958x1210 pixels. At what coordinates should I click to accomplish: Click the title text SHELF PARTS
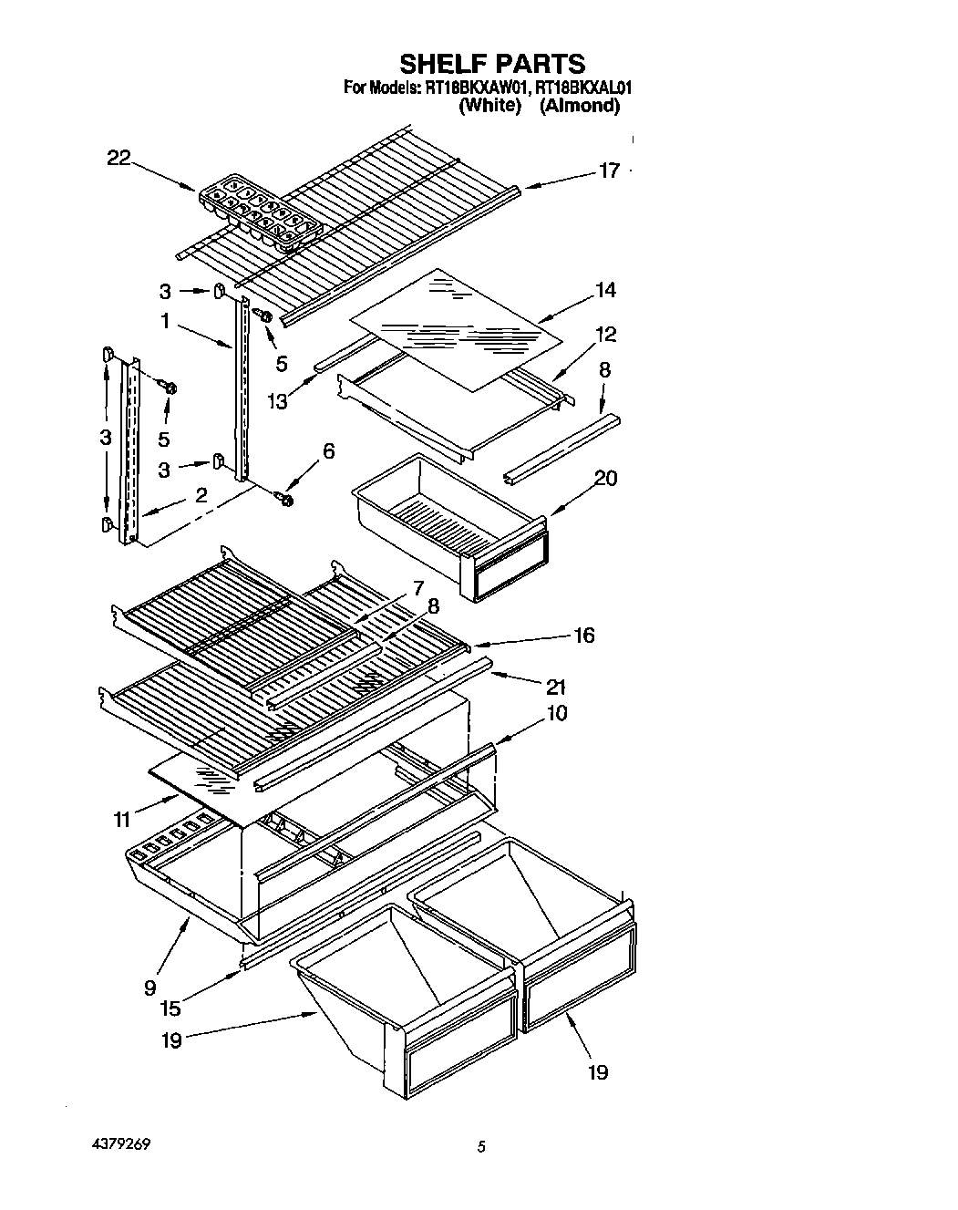492,63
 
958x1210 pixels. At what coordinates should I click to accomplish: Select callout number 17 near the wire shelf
609,171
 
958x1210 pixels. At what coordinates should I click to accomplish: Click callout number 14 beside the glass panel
605,290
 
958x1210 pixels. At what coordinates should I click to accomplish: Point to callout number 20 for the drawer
605,478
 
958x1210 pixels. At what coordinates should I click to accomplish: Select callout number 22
119,158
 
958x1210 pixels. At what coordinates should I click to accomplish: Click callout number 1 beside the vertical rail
165,321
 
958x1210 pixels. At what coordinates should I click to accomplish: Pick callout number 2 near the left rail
201,495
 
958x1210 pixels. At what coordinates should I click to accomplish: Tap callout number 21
555,687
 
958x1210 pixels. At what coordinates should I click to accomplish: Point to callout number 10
556,712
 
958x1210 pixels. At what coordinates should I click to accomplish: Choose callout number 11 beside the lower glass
121,820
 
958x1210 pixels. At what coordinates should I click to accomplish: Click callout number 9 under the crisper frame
149,987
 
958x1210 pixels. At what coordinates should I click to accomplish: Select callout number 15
170,1008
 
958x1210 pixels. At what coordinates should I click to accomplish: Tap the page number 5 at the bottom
480,1146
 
